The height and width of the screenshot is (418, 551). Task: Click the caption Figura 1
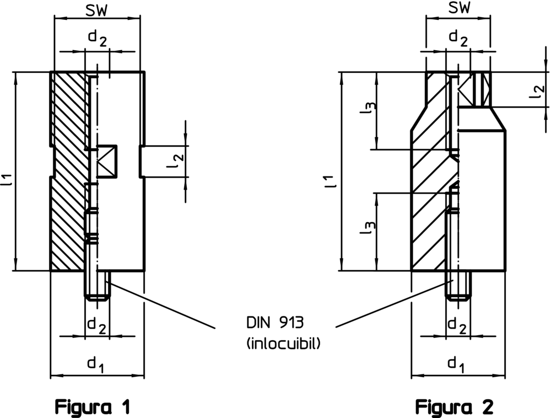coord(93,408)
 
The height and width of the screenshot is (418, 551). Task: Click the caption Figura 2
coord(455,408)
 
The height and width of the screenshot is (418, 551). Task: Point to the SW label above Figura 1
coord(98,9)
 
